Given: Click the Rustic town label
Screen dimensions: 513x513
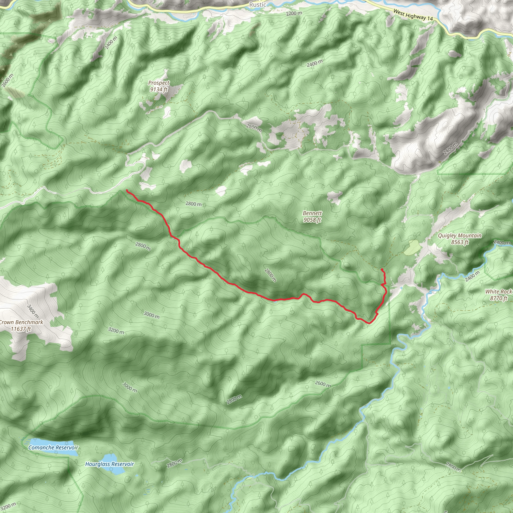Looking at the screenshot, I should (257, 5).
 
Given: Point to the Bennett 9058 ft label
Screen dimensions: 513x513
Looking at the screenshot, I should (312, 216).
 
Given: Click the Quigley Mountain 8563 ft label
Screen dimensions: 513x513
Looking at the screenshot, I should (459, 239).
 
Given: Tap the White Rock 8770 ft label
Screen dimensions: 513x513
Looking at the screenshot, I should (498, 295).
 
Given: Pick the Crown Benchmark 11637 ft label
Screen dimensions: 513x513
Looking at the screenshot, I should (21, 326).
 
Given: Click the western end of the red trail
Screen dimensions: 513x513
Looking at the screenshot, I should (127, 190).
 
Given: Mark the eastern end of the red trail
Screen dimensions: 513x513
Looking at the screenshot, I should (382, 270).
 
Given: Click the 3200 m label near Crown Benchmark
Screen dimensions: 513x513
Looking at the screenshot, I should (116, 331).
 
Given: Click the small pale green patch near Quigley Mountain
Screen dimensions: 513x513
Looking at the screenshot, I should (411, 247).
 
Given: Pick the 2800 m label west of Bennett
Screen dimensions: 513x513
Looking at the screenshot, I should (193, 204).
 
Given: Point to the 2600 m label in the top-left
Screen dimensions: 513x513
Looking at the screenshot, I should (7, 80).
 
